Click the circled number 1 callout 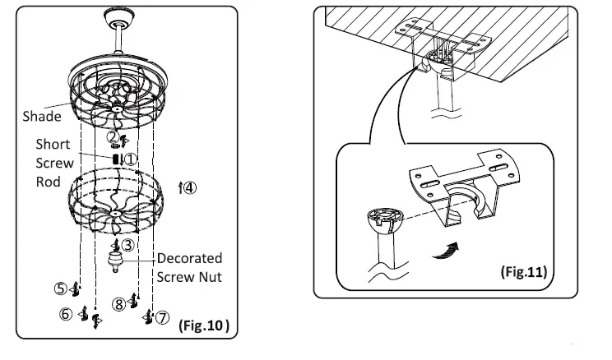click(x=130, y=158)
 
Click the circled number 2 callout click(x=113, y=137)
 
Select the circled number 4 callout click(x=190, y=187)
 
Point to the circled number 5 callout click(x=61, y=288)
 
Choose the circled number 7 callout click(x=162, y=316)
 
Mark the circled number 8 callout click(x=118, y=305)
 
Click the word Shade click(x=42, y=117)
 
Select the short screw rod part click(x=116, y=158)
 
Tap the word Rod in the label click(x=49, y=181)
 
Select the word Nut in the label click(x=209, y=277)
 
